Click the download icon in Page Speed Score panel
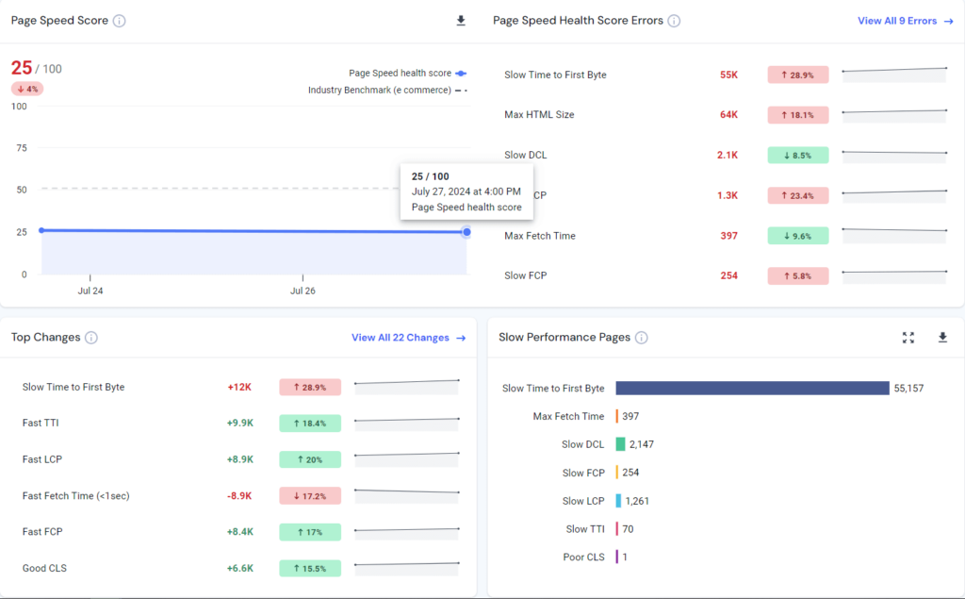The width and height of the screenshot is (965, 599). click(461, 21)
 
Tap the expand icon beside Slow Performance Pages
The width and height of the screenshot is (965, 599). click(908, 338)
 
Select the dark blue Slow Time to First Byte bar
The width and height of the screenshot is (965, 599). click(752, 389)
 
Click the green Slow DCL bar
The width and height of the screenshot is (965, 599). click(620, 444)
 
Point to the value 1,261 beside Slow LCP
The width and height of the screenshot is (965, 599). click(638, 501)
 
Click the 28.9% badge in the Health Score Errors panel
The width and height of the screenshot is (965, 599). click(797, 75)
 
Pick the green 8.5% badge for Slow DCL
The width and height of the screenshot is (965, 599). click(797, 155)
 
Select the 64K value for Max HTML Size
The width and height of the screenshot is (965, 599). click(728, 115)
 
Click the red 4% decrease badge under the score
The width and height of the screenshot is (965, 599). click(27, 89)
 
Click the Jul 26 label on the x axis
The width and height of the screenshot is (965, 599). click(303, 291)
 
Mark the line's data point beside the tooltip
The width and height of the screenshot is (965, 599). click(466, 232)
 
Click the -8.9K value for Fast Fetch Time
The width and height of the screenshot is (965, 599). click(239, 495)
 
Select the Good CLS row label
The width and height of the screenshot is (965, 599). click(44, 568)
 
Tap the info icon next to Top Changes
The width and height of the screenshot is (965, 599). click(91, 338)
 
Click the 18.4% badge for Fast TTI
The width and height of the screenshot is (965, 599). click(310, 424)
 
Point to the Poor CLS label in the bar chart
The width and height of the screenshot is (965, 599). click(583, 557)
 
